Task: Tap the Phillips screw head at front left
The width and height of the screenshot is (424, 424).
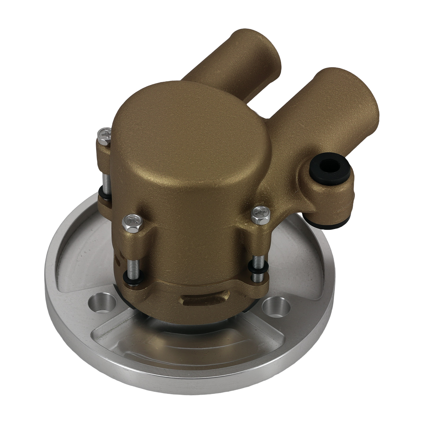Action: pyautogui.click(x=132, y=219)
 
